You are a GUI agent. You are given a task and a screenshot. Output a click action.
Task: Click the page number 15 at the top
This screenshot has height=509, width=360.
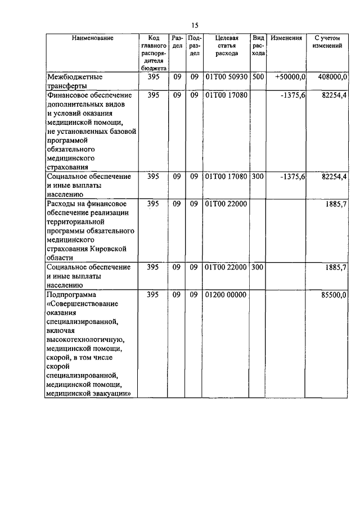pyautogui.click(x=195, y=25)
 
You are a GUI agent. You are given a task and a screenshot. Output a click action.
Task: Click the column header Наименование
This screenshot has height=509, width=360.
pyautogui.click(x=92, y=38)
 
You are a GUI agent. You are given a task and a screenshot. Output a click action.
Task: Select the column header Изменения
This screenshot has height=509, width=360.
pyautogui.click(x=286, y=38)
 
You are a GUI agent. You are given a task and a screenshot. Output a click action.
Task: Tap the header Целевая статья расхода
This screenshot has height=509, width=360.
pyautogui.click(x=226, y=46)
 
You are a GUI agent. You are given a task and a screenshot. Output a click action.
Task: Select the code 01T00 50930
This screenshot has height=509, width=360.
pyautogui.click(x=226, y=76)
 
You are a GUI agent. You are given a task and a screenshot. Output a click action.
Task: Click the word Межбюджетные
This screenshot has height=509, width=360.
pyautogui.click(x=75, y=76)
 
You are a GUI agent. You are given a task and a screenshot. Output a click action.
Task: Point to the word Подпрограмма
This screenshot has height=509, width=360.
pyautogui.click(x=72, y=295)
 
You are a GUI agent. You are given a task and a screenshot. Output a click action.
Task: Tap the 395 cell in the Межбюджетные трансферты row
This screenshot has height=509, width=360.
pyautogui.click(x=153, y=76)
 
